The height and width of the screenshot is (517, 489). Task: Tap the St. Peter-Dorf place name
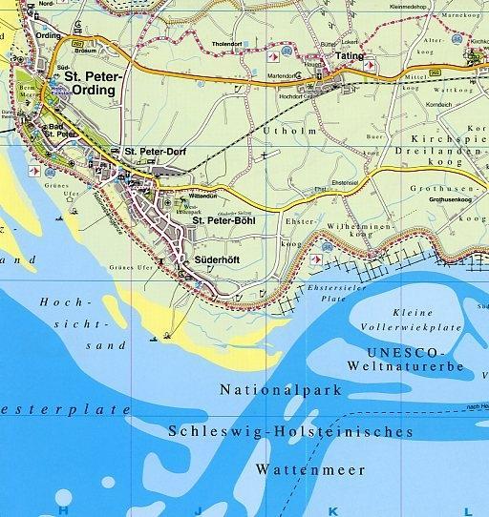[155, 151]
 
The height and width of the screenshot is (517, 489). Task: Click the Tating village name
[351, 56]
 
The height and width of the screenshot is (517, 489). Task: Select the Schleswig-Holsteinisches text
[290, 431]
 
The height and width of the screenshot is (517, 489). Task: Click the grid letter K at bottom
[333, 510]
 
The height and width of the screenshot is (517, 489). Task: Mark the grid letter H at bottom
[63, 510]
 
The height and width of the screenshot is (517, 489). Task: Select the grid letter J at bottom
[198, 510]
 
